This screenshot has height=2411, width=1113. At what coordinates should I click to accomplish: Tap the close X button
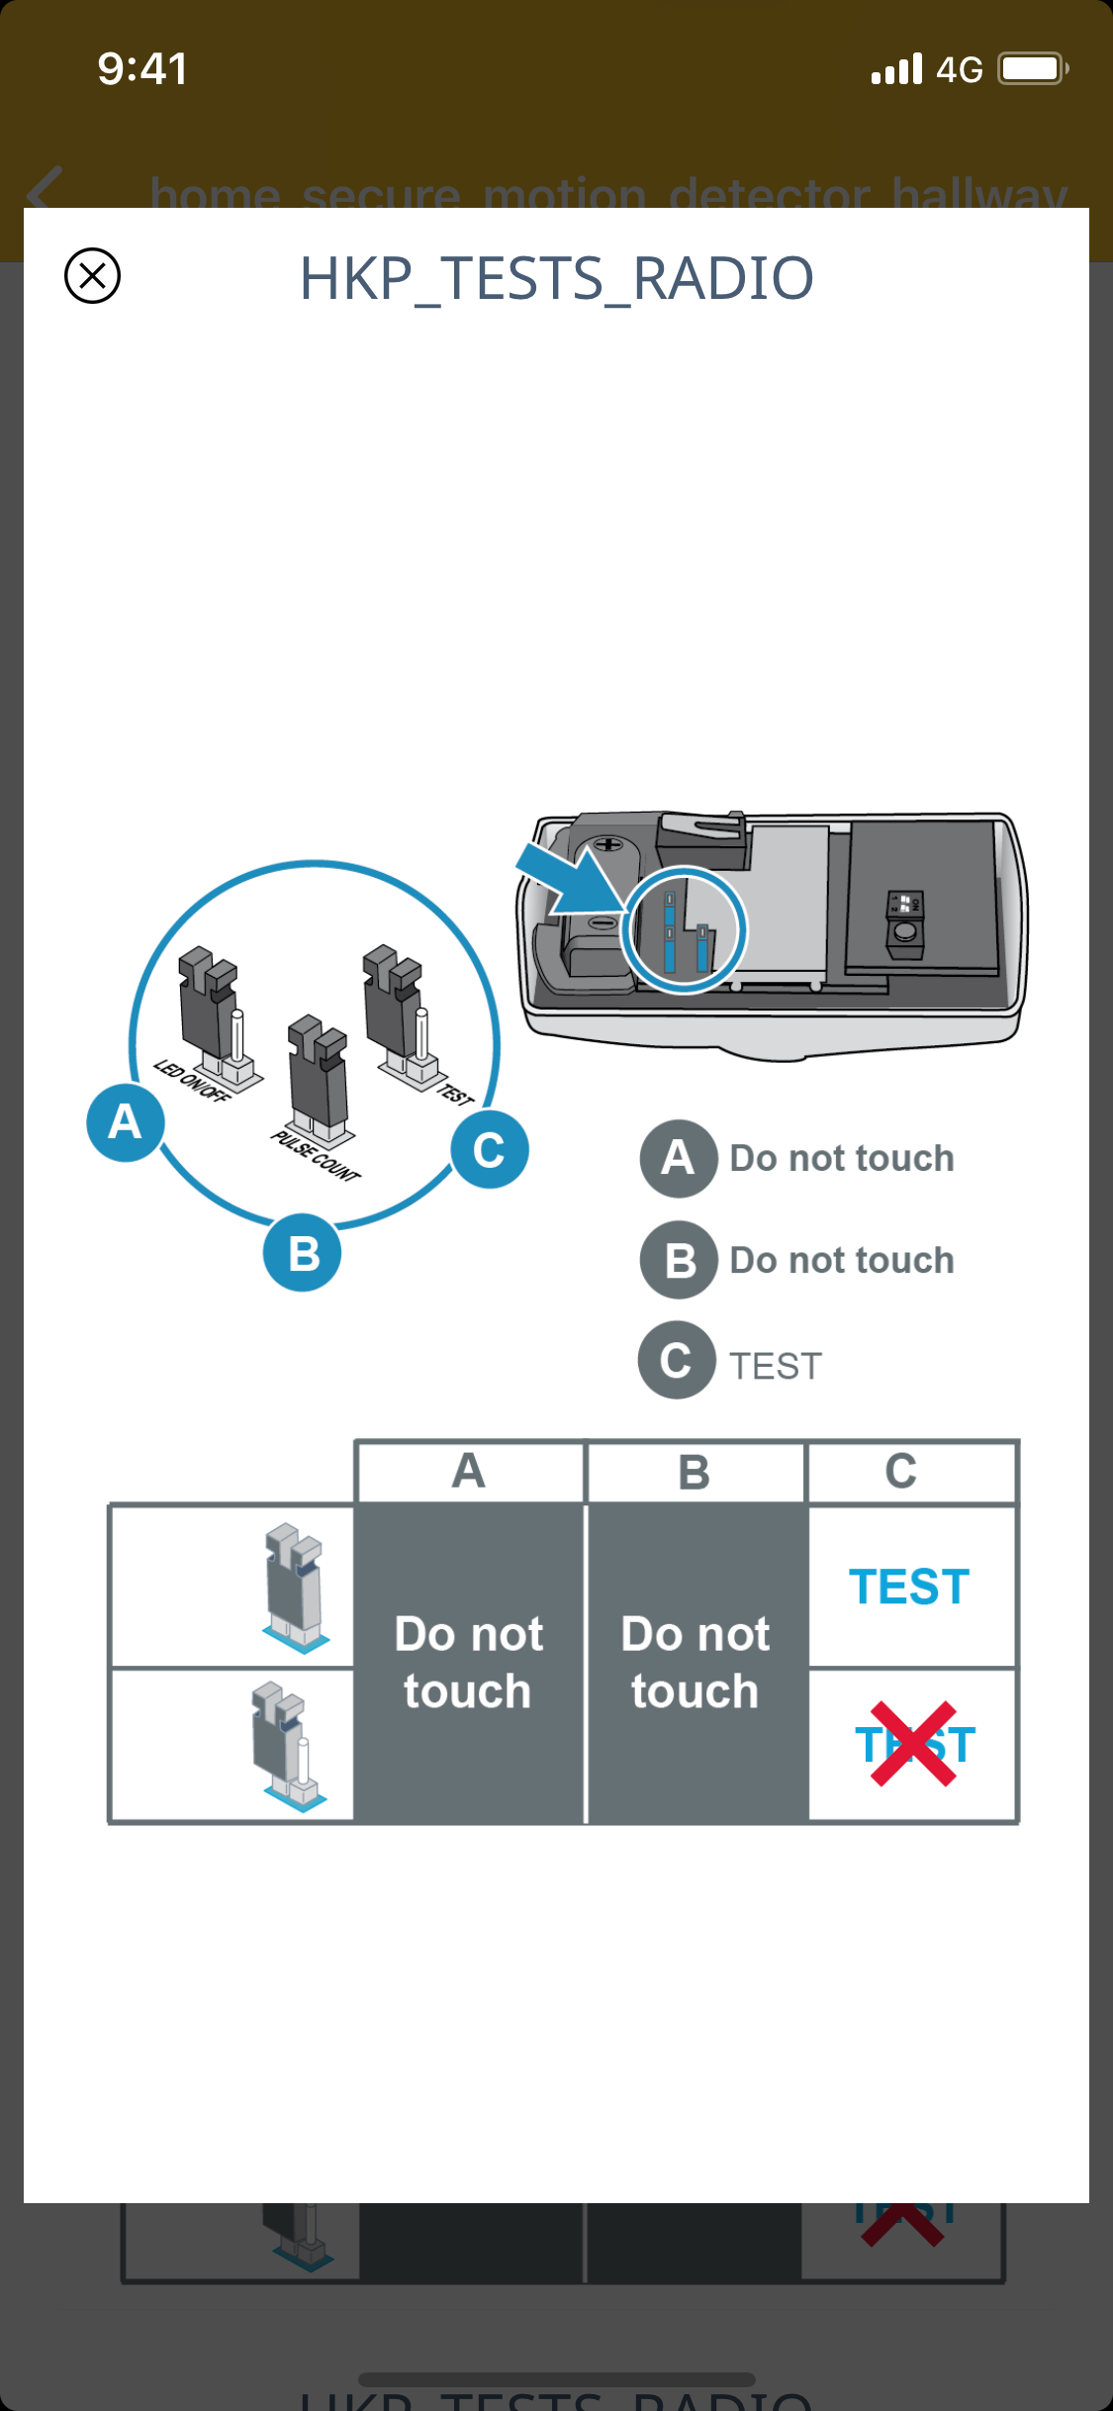click(92, 275)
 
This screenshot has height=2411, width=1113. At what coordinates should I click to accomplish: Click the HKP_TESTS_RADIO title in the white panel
click(556, 278)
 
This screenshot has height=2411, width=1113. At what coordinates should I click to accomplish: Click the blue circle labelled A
click(125, 1122)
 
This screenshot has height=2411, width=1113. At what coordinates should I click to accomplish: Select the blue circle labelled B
click(303, 1253)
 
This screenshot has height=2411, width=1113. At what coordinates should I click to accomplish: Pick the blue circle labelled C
click(489, 1150)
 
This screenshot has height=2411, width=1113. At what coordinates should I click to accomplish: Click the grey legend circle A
click(678, 1158)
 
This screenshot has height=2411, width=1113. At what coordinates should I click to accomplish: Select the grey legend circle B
click(679, 1260)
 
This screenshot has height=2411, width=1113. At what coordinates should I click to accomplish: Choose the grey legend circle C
click(677, 1361)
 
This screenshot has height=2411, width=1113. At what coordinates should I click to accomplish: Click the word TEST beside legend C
click(776, 1366)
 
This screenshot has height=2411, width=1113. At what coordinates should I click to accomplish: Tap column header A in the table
click(469, 1471)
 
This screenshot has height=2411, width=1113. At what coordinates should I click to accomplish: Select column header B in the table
click(695, 1472)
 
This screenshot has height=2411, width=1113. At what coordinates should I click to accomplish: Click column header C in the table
click(900, 1471)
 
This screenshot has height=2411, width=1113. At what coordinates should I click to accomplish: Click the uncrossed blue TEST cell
click(909, 1587)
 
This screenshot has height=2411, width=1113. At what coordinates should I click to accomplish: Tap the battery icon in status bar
click(1032, 68)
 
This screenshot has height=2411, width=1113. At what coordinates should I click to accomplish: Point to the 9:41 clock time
click(142, 69)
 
